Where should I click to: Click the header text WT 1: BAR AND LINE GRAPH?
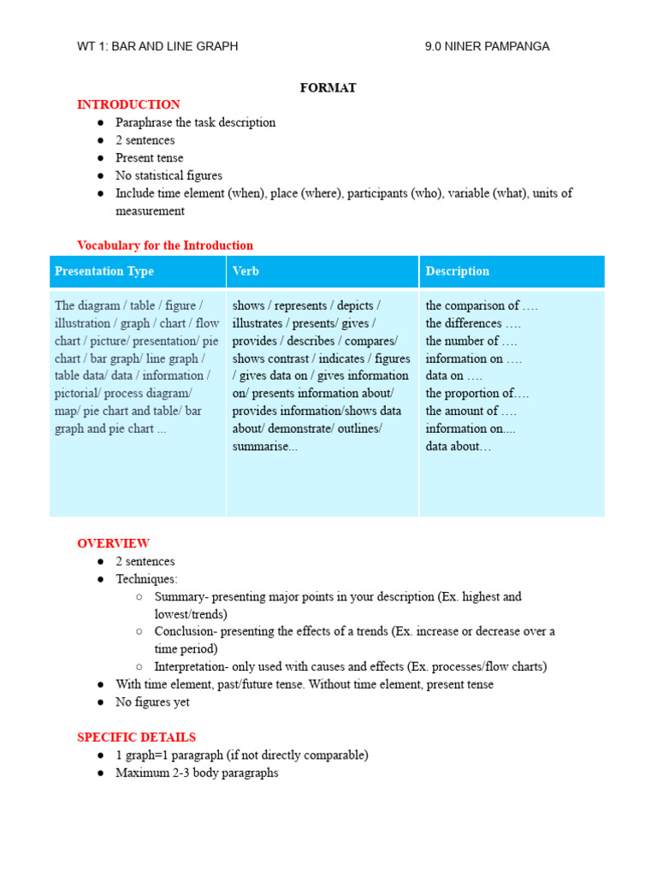pyautogui.click(x=157, y=46)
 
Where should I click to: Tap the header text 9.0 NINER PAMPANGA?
pyautogui.click(x=487, y=46)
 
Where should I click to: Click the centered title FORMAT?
pyautogui.click(x=328, y=87)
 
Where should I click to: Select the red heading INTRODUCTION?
pyautogui.click(x=128, y=104)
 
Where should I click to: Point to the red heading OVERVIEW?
pyautogui.click(x=113, y=543)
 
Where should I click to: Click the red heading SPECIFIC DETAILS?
pyautogui.click(x=136, y=737)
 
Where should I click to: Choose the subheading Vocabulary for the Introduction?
pyautogui.click(x=165, y=246)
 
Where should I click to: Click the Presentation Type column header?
pyautogui.click(x=104, y=271)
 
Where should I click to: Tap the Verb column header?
pyautogui.click(x=246, y=271)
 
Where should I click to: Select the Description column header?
pyautogui.click(x=458, y=271)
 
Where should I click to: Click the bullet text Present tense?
pyautogui.click(x=150, y=157)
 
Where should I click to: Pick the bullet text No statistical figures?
pyautogui.click(x=169, y=175)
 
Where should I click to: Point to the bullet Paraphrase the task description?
pyautogui.click(x=195, y=122)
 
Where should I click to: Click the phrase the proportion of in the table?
pyautogui.click(x=476, y=394)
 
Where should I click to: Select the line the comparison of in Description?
pyautogui.click(x=482, y=305)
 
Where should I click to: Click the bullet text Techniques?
pyautogui.click(x=146, y=579)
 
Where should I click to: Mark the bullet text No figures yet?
pyautogui.click(x=152, y=702)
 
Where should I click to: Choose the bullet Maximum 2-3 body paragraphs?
pyautogui.click(x=197, y=772)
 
